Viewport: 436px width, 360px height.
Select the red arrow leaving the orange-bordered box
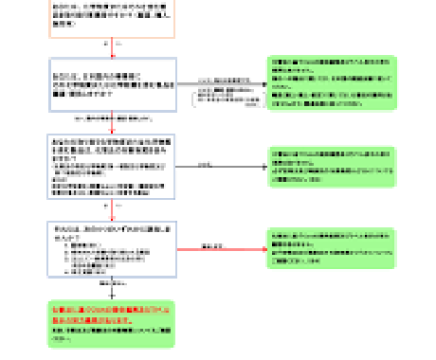tap(112, 48)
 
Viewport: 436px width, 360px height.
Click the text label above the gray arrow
tap(217, 79)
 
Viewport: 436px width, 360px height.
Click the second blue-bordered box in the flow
tap(112, 166)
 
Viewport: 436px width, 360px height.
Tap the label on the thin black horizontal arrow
tap(203, 163)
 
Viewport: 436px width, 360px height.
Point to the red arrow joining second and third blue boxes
tap(112, 210)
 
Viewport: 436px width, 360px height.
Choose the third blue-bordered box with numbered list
tap(112, 249)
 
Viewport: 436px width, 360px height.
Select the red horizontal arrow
tap(221, 249)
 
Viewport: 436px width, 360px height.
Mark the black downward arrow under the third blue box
tap(112, 289)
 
